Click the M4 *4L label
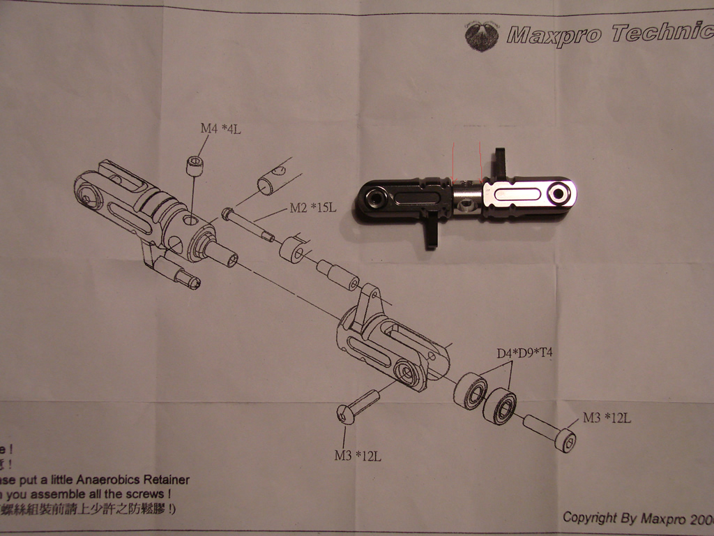(x=221, y=128)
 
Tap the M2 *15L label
(x=313, y=209)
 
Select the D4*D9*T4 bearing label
(x=524, y=354)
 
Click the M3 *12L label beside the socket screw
(x=607, y=418)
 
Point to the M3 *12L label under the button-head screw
(x=357, y=456)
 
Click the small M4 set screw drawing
(x=195, y=166)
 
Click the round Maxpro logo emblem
(x=482, y=36)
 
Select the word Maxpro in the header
(x=553, y=34)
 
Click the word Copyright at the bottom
(x=589, y=517)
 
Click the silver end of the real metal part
(x=530, y=193)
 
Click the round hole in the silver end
(x=559, y=193)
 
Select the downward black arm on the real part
(x=432, y=232)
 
